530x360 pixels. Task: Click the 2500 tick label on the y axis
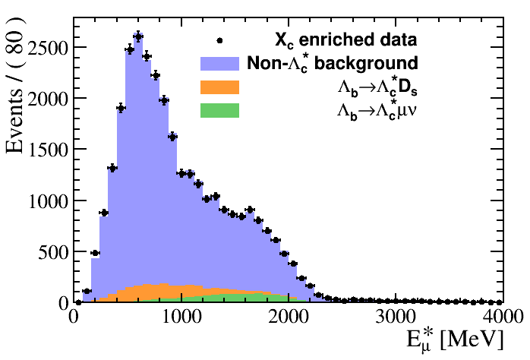46,47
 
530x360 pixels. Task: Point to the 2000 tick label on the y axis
46,99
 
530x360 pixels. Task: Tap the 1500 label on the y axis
46,150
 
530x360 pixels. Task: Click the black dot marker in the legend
219,40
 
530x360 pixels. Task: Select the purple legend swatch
219,62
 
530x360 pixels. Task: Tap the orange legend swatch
219,87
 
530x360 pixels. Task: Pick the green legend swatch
219,111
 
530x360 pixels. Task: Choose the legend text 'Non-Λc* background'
332,62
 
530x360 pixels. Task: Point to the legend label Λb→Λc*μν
377,111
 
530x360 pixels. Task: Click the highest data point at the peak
138,36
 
